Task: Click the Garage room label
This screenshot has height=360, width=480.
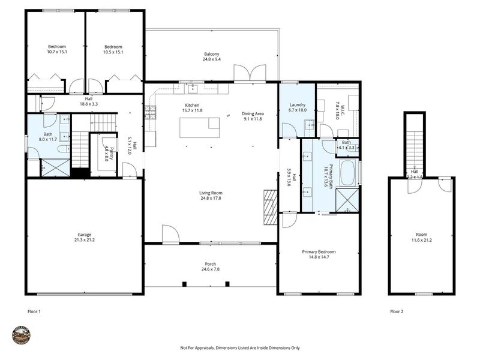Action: pyautogui.click(x=84, y=235)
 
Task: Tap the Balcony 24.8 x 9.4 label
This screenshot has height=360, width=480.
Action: pyautogui.click(x=211, y=55)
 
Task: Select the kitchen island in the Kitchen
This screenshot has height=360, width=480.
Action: pyautogui.click(x=200, y=127)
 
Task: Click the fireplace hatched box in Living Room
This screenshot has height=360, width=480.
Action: pyautogui.click(x=271, y=207)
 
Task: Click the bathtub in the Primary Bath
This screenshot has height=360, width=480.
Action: pyautogui.click(x=348, y=172)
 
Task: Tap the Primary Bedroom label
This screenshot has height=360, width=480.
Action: pyautogui.click(x=319, y=252)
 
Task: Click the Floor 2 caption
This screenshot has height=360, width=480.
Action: pyautogui.click(x=397, y=311)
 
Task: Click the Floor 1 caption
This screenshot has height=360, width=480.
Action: pyautogui.click(x=34, y=311)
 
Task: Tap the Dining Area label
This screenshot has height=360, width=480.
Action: pyautogui.click(x=253, y=113)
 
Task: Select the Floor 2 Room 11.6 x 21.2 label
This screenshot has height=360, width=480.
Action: pyautogui.click(x=422, y=238)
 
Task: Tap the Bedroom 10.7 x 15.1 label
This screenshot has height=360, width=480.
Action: pyautogui.click(x=57, y=49)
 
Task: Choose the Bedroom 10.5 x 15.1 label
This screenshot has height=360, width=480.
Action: pyautogui.click(x=113, y=49)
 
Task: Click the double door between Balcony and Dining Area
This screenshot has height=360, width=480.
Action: pyautogui.click(x=250, y=74)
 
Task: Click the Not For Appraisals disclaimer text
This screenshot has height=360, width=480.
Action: pyautogui.click(x=240, y=347)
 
